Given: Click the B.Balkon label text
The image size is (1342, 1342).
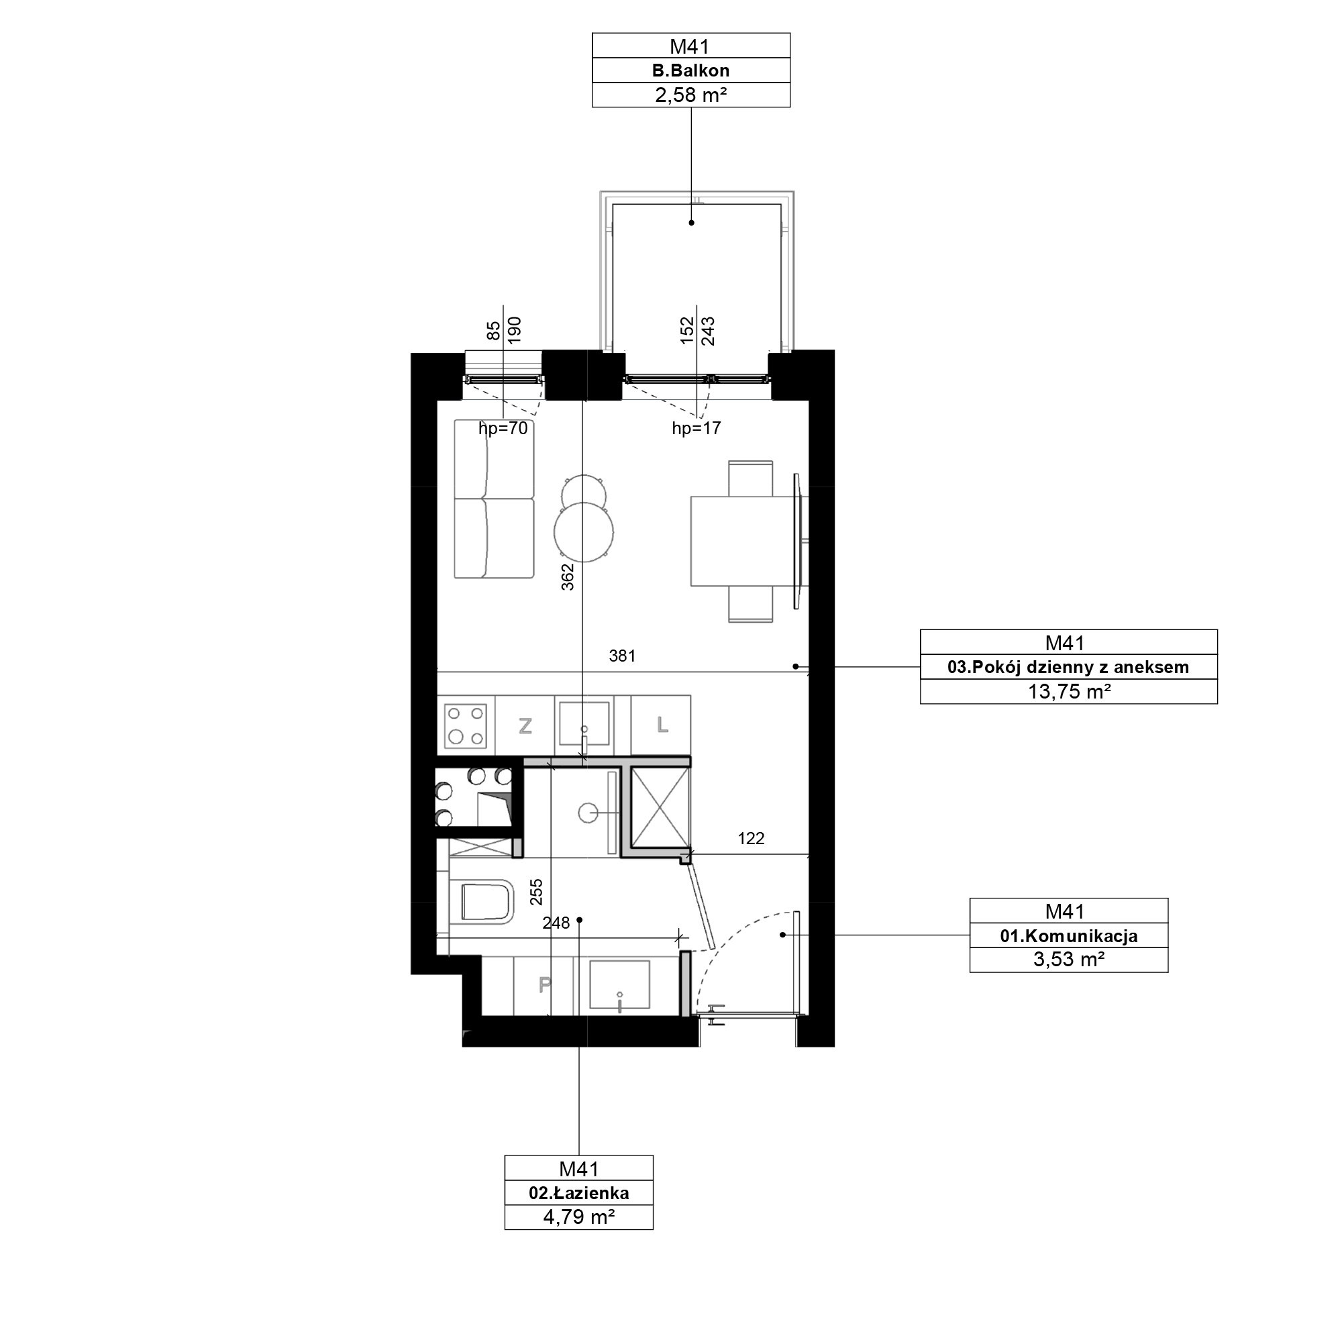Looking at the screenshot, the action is (x=690, y=70).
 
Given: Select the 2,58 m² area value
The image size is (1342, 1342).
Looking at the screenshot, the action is (x=690, y=95).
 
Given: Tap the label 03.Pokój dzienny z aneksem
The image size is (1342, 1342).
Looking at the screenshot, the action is (x=1068, y=667).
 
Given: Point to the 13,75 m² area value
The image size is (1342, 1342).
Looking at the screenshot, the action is (x=1068, y=691).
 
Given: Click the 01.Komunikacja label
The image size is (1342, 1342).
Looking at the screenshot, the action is (x=1068, y=935).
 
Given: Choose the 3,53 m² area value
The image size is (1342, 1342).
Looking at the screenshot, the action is (x=1068, y=960).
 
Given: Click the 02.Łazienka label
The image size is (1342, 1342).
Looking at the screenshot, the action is (x=578, y=1192).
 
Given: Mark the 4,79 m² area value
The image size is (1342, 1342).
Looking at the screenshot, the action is (x=578, y=1217).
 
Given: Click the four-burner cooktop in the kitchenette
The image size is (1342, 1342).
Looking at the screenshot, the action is (x=466, y=726).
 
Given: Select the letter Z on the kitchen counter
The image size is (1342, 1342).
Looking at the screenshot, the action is (x=525, y=727).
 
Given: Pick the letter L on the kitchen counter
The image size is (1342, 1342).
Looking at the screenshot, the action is (x=662, y=725).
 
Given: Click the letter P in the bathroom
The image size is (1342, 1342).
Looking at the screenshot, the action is (x=546, y=984).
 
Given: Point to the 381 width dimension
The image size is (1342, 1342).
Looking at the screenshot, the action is (x=623, y=656).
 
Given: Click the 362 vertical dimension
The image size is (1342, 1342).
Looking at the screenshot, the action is (x=568, y=577).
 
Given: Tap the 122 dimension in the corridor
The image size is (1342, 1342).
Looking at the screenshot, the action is (x=751, y=838).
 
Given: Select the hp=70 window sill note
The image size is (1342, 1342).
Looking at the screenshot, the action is (x=503, y=429).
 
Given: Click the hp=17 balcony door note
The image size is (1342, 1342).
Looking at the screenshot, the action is (x=696, y=429).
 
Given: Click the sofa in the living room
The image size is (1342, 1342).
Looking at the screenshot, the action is (x=494, y=499).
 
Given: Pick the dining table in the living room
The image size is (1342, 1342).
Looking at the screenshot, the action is (x=743, y=540).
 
